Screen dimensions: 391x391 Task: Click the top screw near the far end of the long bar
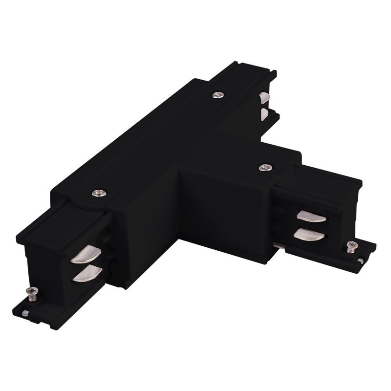(x=217, y=94)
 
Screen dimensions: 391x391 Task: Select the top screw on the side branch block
(x=265, y=167)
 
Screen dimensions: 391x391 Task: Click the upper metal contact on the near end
(x=86, y=255)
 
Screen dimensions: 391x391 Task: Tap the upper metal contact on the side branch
(x=311, y=216)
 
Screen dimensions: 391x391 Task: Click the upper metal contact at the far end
(x=265, y=97)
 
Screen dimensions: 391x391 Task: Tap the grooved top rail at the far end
(x=244, y=73)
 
